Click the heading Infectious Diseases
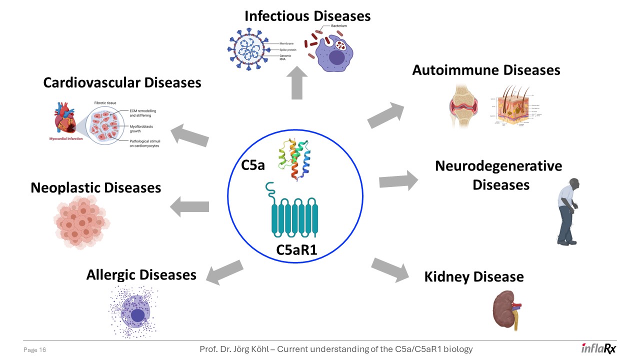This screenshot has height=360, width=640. coord(307,16)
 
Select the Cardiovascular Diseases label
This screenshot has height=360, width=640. coord(122,82)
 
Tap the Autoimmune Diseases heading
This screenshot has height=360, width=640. coord(486,70)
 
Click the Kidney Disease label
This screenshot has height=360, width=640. coord(473,276)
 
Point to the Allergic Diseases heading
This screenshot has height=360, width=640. coord(141,274)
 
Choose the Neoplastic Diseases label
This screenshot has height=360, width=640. coord(95,187)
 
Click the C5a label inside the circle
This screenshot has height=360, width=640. coord(253,165)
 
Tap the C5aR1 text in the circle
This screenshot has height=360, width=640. coord(296,249)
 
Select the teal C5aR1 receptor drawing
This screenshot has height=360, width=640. coord(294,212)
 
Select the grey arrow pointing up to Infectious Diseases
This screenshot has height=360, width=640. coord(296,82)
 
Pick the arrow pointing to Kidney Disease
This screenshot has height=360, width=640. coord(390,269)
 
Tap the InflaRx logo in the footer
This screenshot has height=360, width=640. coord(598,349)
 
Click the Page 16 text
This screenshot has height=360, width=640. coord(35,350)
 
